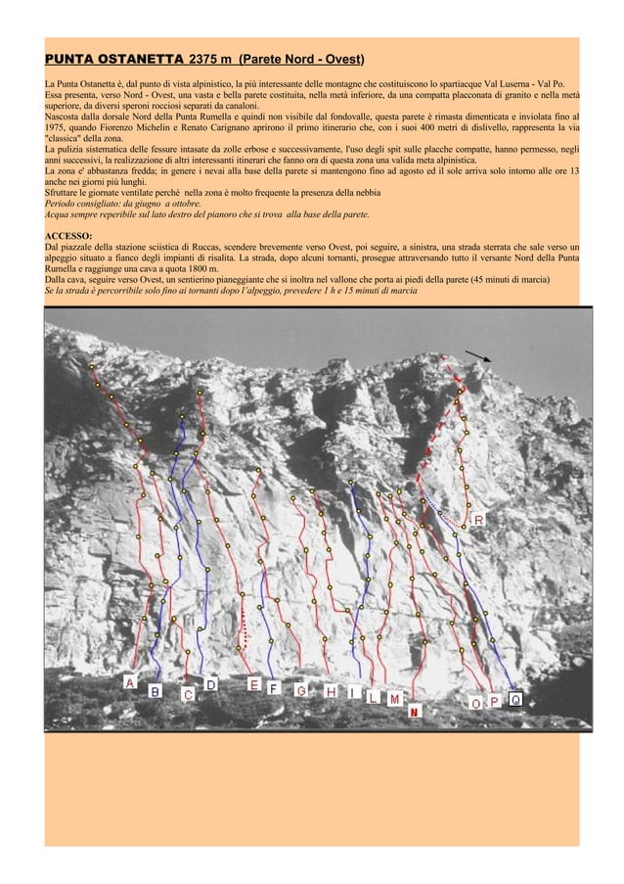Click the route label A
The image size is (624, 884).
(129, 681)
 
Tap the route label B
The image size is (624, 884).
(155, 691)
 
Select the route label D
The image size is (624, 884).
(210, 684)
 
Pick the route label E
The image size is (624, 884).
(253, 684)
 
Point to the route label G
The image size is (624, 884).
(302, 691)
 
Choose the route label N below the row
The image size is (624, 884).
(415, 712)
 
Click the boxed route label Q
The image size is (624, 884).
(514, 699)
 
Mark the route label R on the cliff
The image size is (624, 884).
(479, 520)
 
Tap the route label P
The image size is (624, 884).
(495, 702)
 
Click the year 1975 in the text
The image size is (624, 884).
(60, 128)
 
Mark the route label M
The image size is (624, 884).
(393, 699)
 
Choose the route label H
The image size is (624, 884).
(333, 692)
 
